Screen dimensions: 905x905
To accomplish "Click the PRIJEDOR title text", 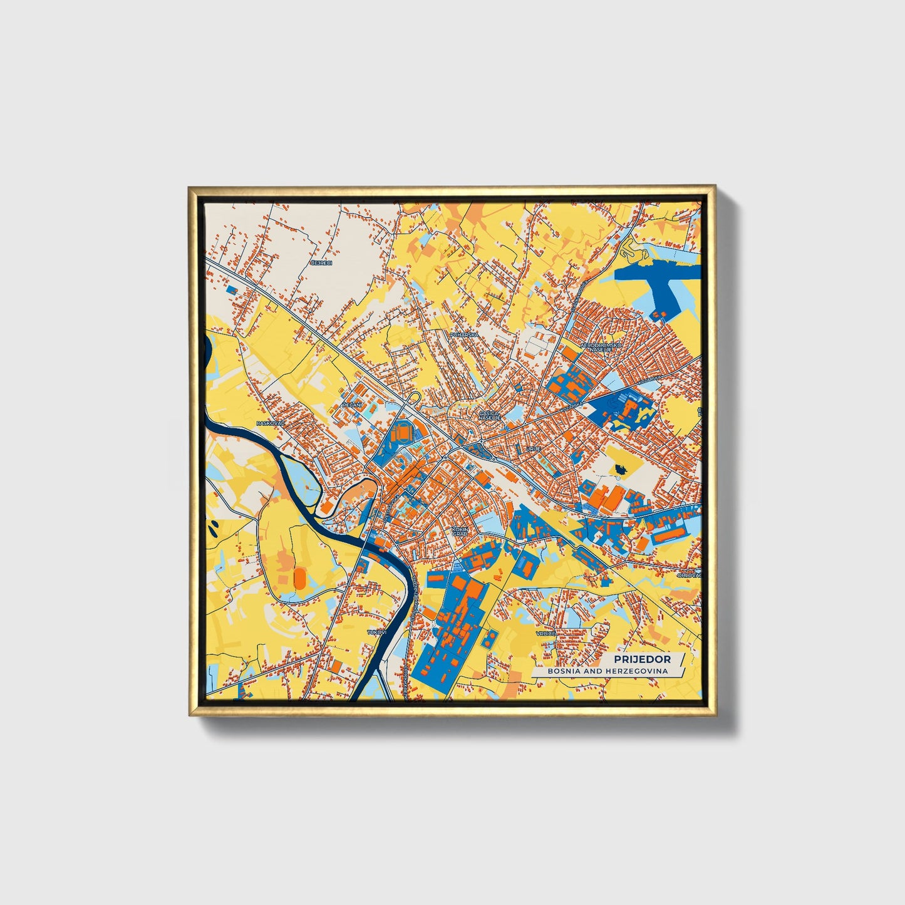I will (642, 659).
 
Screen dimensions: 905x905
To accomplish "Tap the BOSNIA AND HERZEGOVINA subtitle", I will (608, 671).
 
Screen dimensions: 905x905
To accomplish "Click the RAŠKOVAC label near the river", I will (270, 423).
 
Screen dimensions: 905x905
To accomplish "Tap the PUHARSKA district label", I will (464, 335).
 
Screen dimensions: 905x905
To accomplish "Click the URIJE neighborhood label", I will (533, 449).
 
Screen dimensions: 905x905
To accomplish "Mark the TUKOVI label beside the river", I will (378, 633).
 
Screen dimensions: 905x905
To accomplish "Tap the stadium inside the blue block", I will (401, 432).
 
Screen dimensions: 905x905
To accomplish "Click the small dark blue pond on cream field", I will (621, 469).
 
